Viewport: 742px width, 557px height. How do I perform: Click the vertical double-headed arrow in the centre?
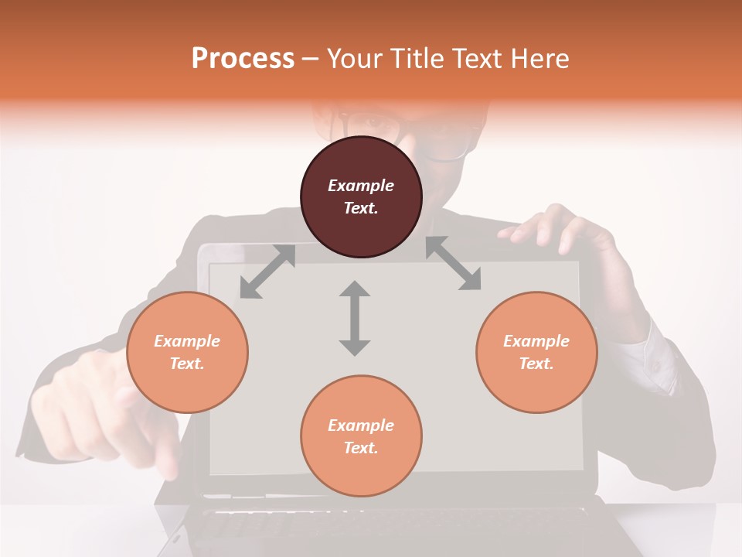[x=355, y=318]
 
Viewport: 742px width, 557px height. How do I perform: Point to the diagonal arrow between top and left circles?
[x=267, y=272]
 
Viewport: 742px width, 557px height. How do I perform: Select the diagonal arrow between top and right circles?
[x=454, y=264]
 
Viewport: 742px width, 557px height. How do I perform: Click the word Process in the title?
[x=243, y=58]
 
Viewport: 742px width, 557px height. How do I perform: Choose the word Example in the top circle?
[x=361, y=186]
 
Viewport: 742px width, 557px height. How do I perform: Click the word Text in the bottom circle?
[x=360, y=448]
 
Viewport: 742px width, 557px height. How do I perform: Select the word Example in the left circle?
[x=187, y=341]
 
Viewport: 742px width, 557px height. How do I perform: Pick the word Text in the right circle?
[x=536, y=364]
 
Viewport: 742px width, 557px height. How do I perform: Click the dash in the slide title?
[x=311, y=59]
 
